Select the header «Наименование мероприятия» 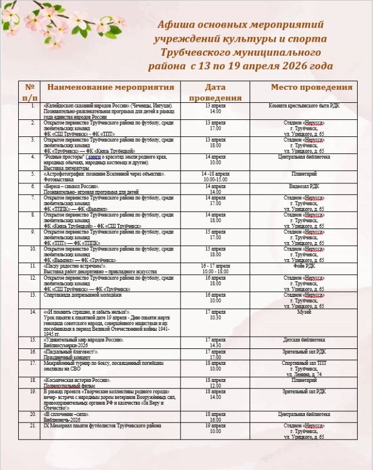click(x=111, y=88)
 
